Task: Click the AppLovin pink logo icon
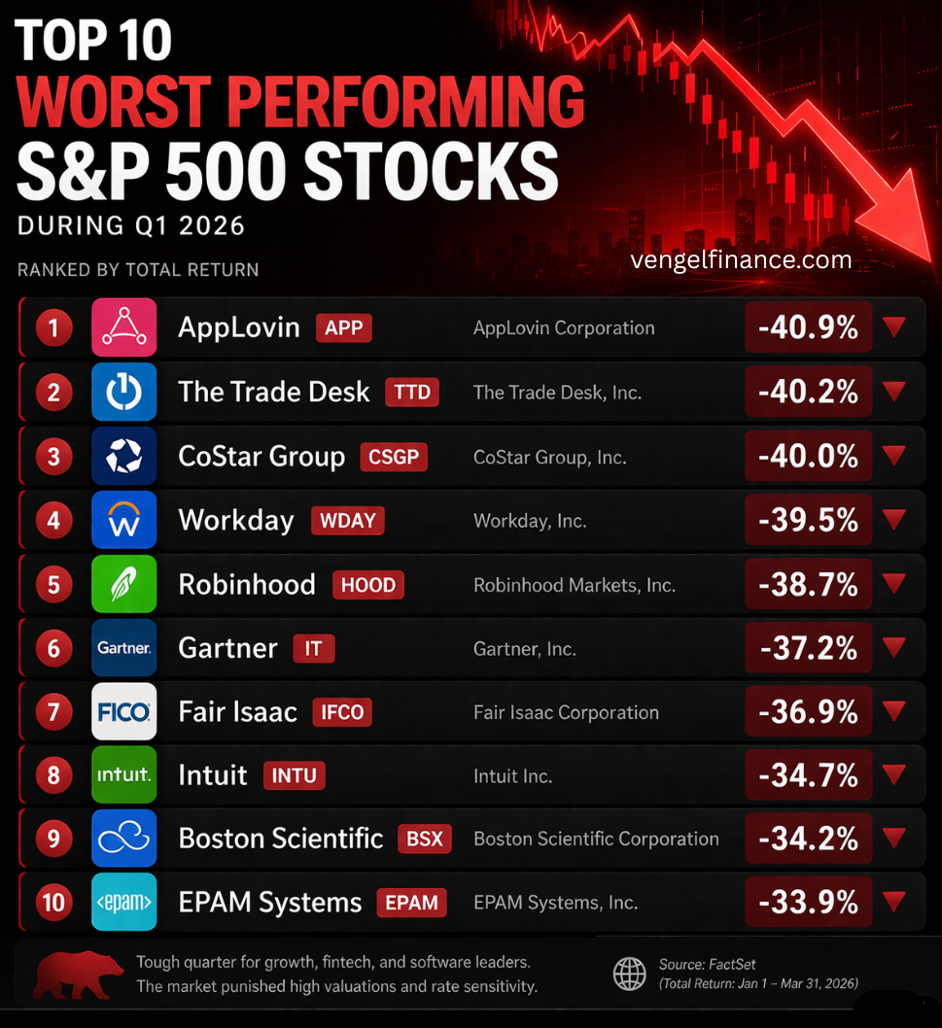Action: point(123,327)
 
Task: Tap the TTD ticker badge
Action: point(412,392)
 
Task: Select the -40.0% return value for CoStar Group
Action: point(808,456)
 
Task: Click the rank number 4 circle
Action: point(54,520)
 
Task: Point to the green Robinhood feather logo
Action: point(123,584)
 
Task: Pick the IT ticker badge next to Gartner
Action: point(313,648)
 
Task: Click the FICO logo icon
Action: point(123,712)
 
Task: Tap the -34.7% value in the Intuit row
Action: point(808,775)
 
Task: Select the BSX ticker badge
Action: point(425,839)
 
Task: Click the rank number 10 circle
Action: point(54,902)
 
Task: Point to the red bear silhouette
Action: point(78,974)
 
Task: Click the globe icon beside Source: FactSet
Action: point(629,973)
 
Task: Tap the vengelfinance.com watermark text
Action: point(741,260)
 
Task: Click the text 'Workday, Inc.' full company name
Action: point(530,521)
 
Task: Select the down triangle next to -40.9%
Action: point(893,327)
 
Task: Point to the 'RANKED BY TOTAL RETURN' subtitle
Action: point(138,269)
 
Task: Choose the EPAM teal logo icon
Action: point(123,903)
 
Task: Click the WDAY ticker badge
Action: point(347,520)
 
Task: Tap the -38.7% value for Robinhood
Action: point(808,584)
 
